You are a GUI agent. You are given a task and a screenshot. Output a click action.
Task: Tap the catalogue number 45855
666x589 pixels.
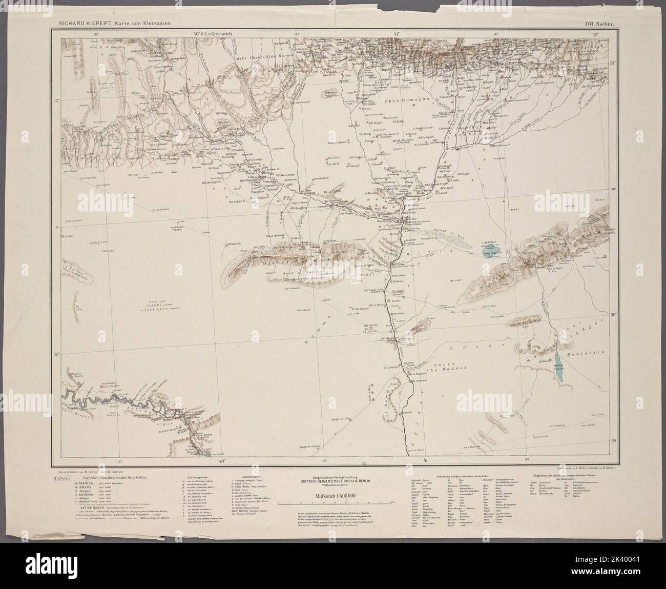coord(62,478)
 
